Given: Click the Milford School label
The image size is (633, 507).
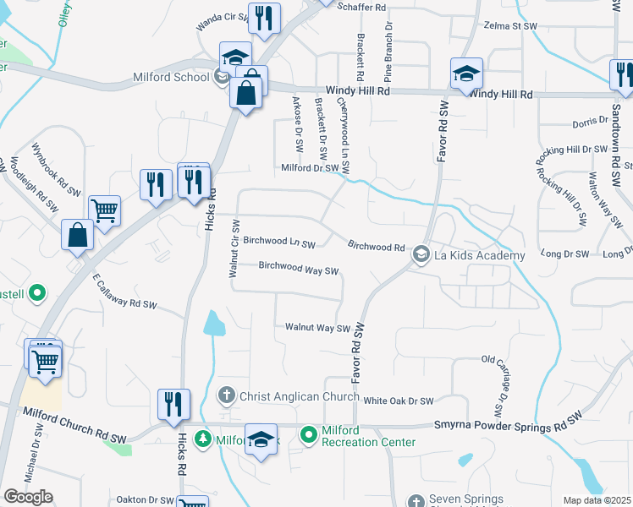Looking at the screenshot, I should click(171, 78).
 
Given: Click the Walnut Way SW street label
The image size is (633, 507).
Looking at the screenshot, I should click(317, 328).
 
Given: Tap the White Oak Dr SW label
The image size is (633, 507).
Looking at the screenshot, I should click(399, 401).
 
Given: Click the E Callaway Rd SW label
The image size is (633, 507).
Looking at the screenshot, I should click(125, 291).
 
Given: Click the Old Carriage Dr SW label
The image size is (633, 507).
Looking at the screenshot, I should click(493, 384).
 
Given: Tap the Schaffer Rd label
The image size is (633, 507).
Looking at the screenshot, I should click(361, 7).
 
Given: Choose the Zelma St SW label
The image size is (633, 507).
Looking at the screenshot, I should click(511, 27).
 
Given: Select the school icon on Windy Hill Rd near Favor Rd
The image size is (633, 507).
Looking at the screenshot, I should click(465, 74).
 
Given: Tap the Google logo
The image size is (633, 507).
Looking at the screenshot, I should click(28, 497).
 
